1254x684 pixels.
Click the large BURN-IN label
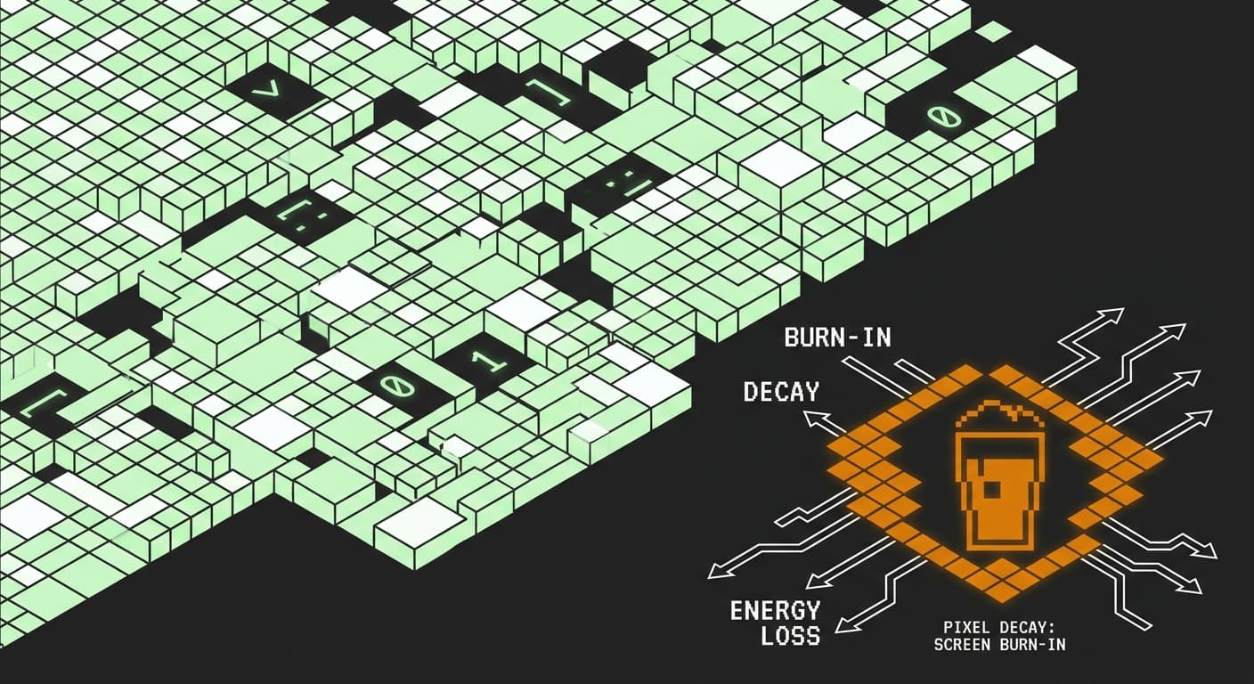pyautogui.click(x=837, y=338)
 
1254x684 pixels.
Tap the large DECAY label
pyautogui.click(x=781, y=391)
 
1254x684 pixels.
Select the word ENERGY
pyautogui.click(x=776, y=610)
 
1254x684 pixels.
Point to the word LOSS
pyautogui.click(x=791, y=635)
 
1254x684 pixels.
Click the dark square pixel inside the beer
pyautogui.click(x=992, y=489)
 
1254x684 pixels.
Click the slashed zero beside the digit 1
pyautogui.click(x=396, y=387)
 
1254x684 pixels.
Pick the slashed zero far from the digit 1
pyautogui.click(x=943, y=116)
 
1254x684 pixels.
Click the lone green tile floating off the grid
pyautogui.click(x=993, y=31)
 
